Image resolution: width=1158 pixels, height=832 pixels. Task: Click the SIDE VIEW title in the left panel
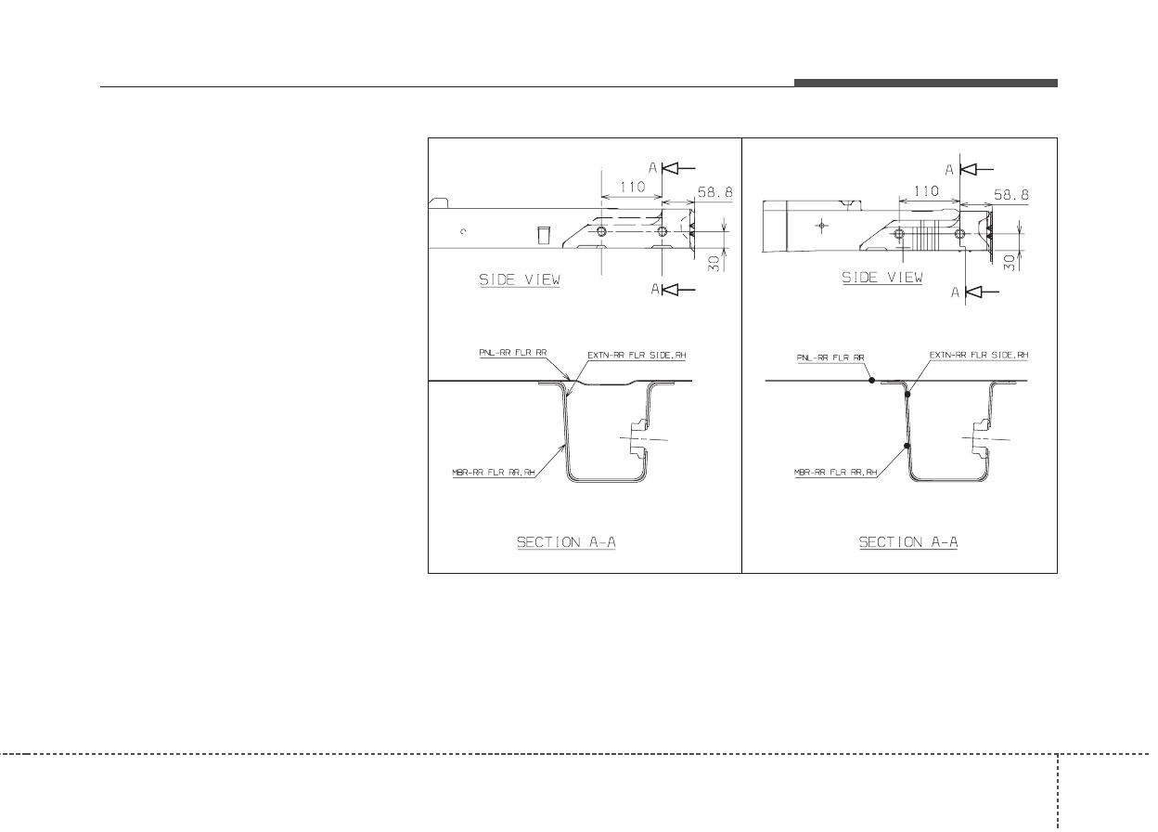tap(520, 279)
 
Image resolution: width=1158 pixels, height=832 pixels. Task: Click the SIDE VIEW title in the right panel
tap(882, 278)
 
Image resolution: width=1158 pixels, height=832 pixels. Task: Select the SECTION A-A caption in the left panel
tap(566, 542)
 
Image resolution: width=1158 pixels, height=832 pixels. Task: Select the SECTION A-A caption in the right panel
tap(908, 542)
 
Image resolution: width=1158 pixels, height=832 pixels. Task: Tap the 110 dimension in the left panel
tap(632, 187)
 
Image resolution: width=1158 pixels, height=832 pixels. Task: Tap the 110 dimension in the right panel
tap(926, 191)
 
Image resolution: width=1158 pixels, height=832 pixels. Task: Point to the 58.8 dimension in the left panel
tap(715, 192)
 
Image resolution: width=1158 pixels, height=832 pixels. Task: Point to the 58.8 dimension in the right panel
tap(1011, 195)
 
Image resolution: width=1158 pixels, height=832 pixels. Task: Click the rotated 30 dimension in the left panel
tap(714, 264)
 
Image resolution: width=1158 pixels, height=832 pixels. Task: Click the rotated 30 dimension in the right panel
tap(1010, 263)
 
